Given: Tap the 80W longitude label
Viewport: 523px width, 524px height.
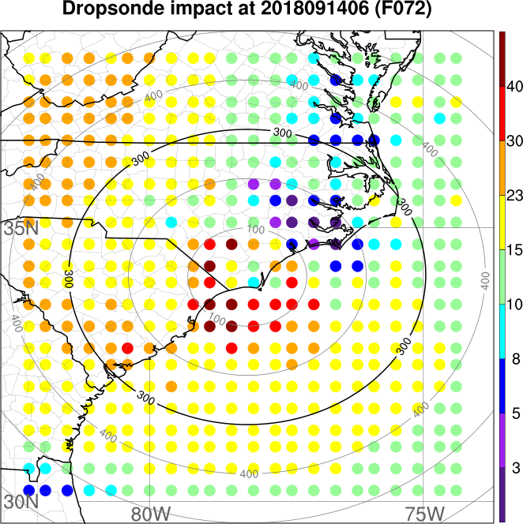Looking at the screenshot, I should (150, 513).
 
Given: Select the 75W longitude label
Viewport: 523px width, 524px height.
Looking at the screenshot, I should (423, 513).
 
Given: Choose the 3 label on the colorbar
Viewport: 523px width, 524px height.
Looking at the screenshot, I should (513, 469).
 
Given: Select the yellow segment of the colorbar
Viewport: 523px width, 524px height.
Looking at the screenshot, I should (502, 223).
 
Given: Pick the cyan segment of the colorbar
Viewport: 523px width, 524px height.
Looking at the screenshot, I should (502, 332).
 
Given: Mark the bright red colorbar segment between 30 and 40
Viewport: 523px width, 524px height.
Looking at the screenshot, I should (502, 114).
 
